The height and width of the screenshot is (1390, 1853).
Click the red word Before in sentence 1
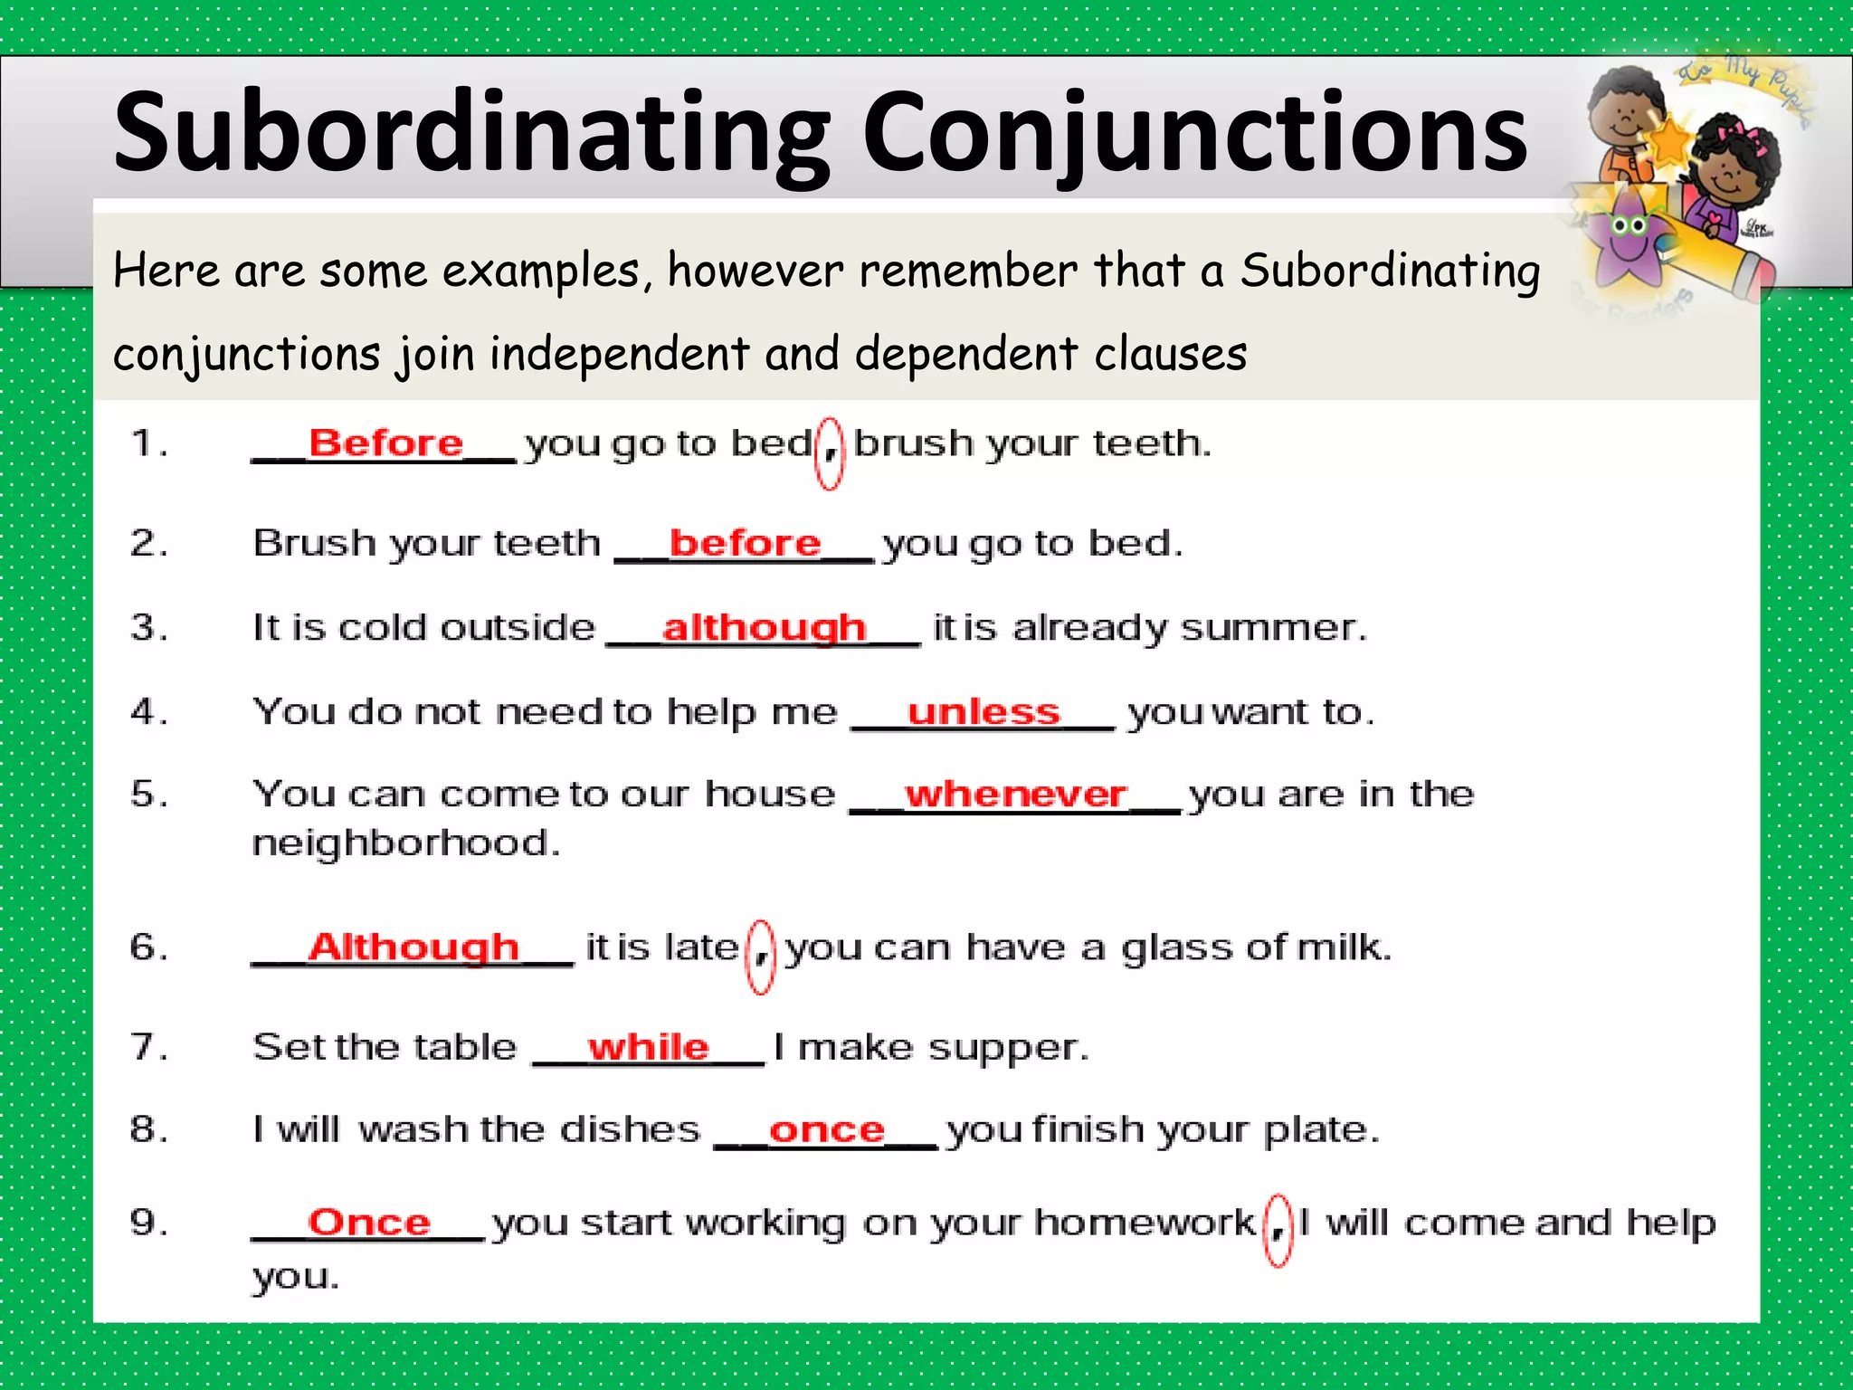pyautogui.click(x=386, y=443)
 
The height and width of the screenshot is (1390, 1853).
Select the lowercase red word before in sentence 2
pyautogui.click(x=745, y=543)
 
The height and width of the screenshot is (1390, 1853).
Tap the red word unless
pyautogui.click(x=984, y=712)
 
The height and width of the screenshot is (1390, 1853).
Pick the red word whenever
pyautogui.click(x=1016, y=795)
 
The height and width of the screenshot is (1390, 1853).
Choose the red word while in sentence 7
pyautogui.click(x=648, y=1047)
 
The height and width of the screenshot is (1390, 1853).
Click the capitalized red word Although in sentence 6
pyautogui.click(x=413, y=947)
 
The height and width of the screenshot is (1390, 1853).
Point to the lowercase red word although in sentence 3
pyautogui.click(x=764, y=627)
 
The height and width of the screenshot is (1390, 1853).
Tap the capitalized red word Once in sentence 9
pyautogui.click(x=369, y=1223)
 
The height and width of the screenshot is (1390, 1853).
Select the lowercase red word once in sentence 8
pyautogui.click(x=826, y=1130)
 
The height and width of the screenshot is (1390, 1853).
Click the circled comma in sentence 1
pyautogui.click(x=830, y=453)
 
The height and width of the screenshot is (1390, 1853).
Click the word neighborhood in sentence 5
pyautogui.click(x=406, y=843)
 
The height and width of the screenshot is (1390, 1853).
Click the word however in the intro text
pyautogui.click(x=755, y=271)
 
